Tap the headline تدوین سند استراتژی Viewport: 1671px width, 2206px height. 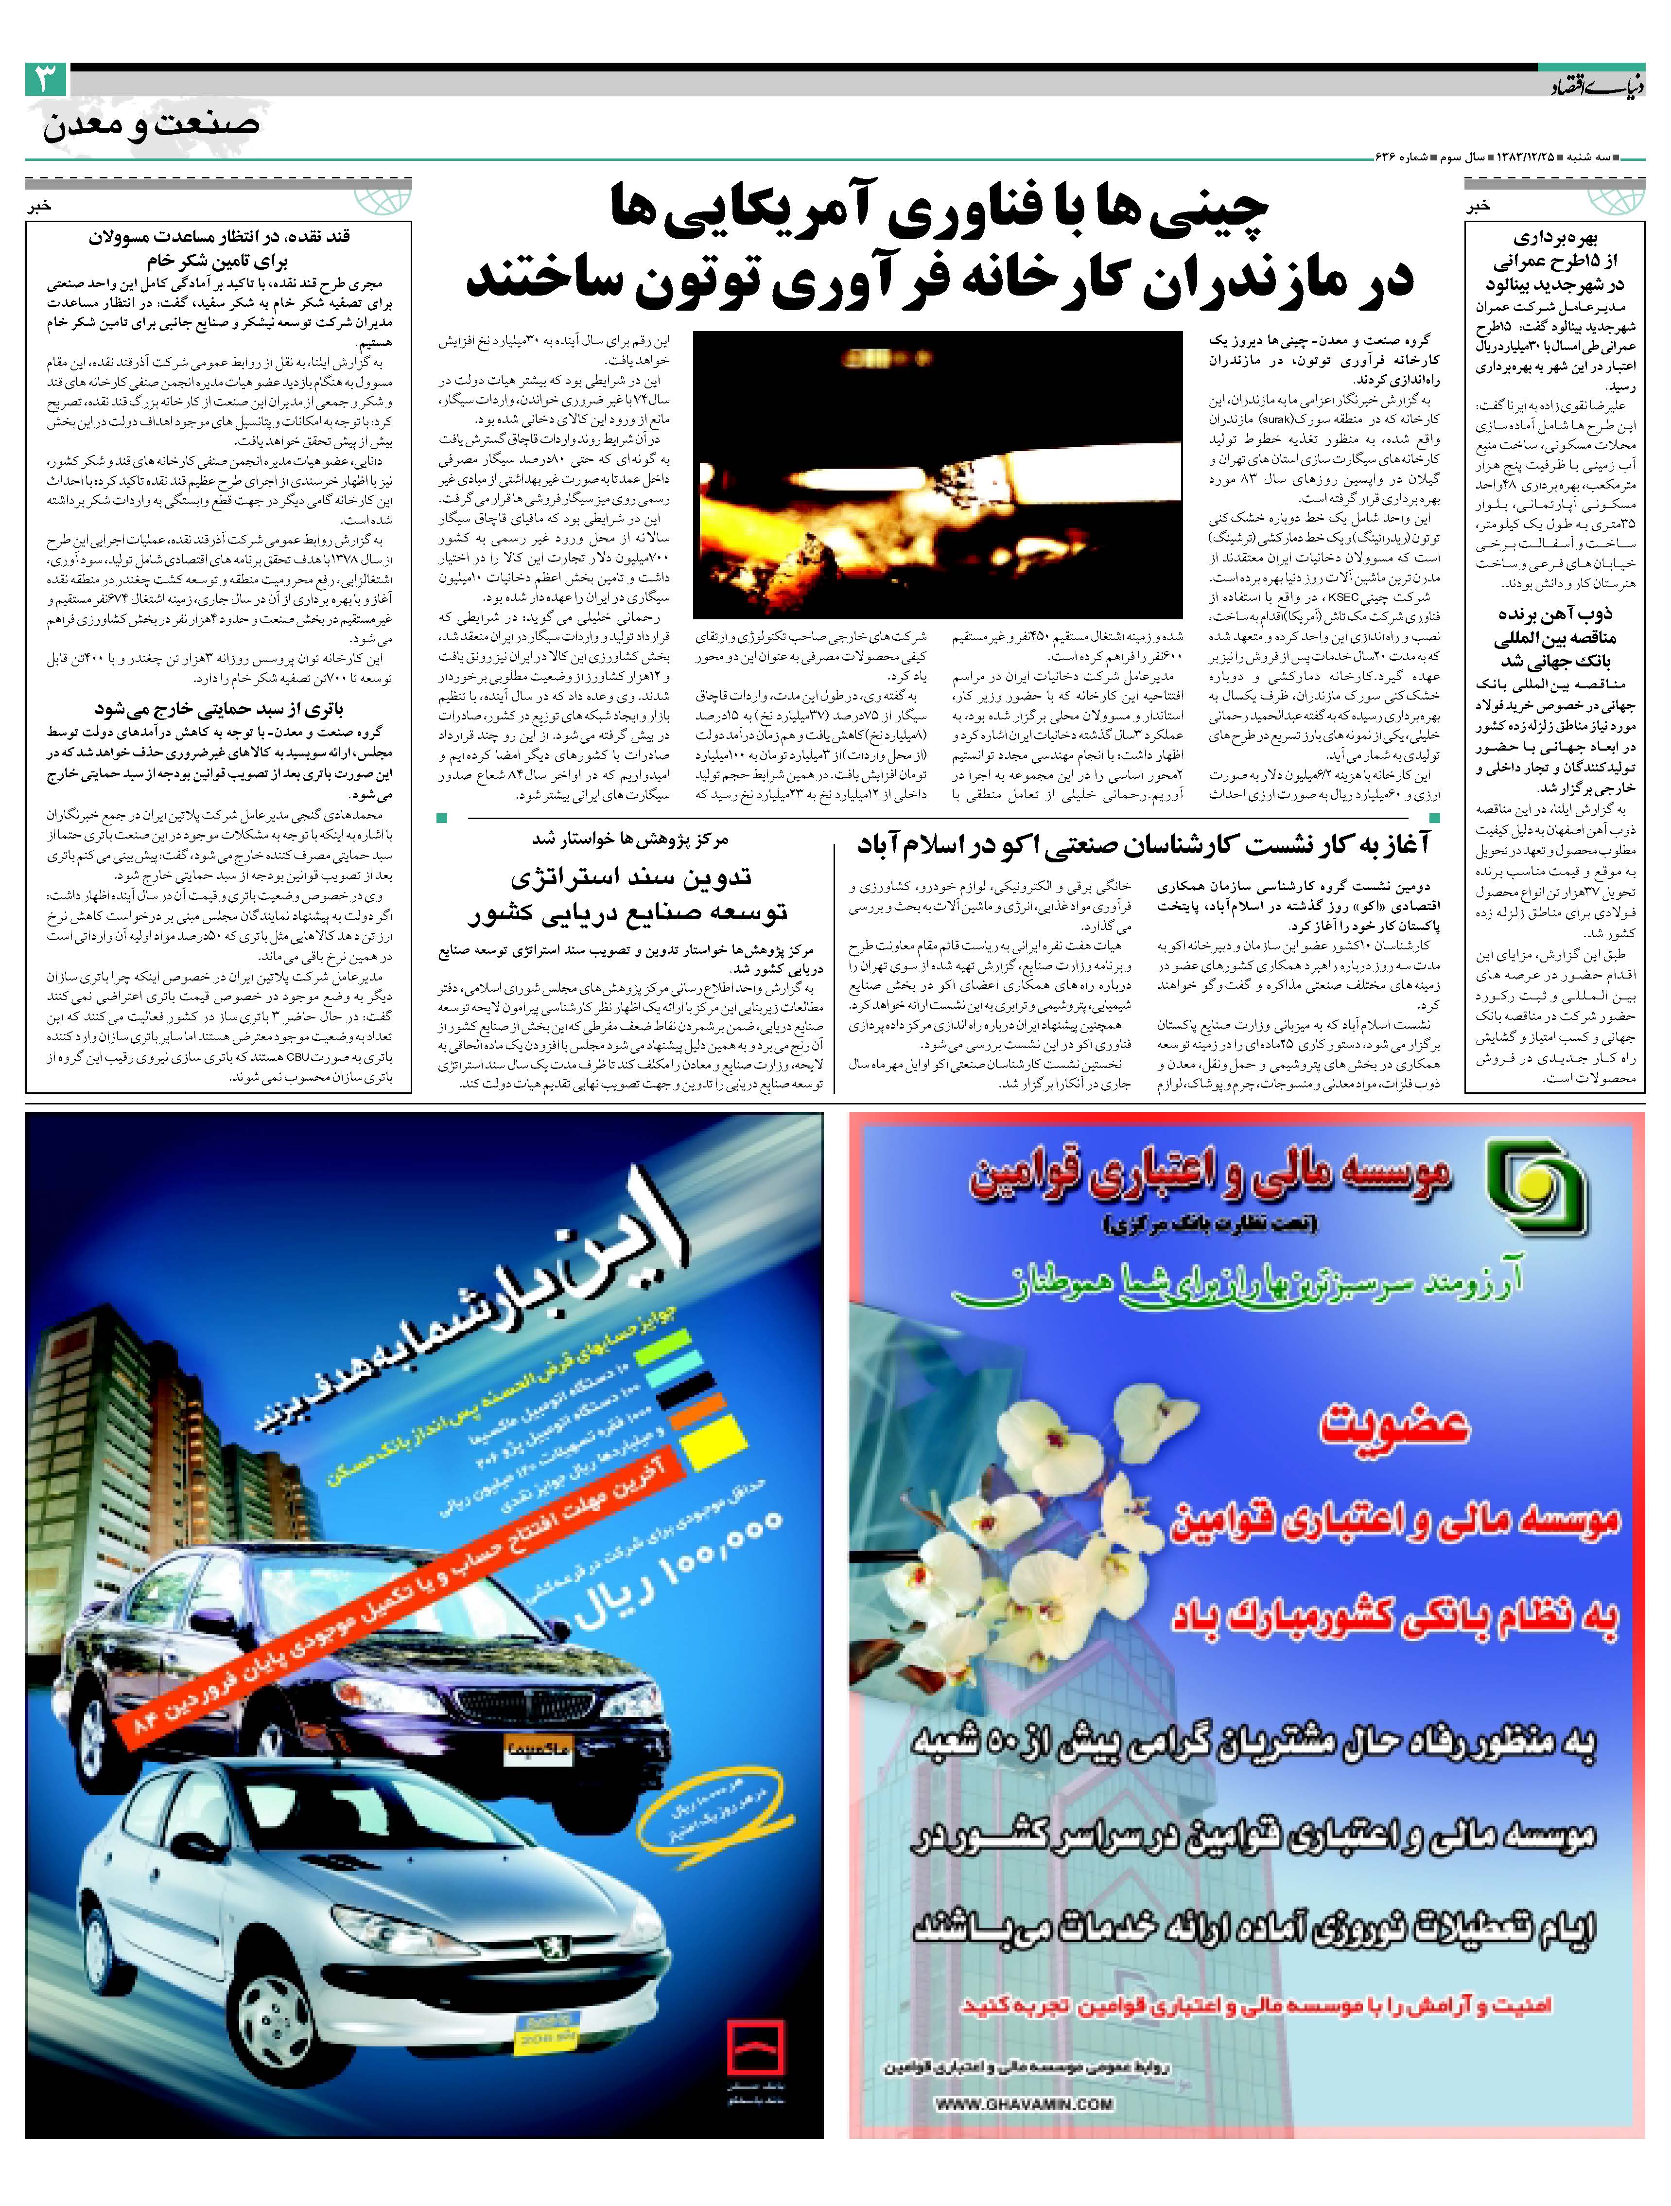pos(631,877)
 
